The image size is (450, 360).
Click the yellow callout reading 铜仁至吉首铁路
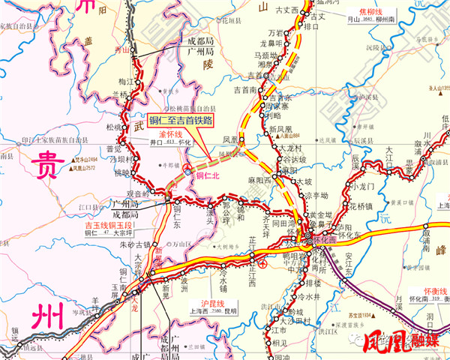(x=180, y=119)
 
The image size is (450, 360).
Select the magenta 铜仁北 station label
(x=206, y=175)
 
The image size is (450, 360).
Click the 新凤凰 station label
(x=280, y=129)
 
